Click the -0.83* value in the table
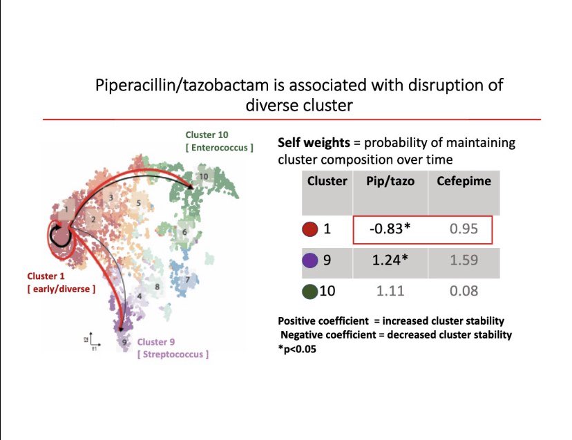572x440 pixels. coord(390,229)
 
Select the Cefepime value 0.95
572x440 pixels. coord(463,229)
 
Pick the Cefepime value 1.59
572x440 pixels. coord(463,260)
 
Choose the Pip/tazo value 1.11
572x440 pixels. coord(390,291)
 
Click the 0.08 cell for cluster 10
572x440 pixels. coord(463,291)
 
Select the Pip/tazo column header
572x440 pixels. coord(390,182)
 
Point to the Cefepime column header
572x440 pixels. coord(463,182)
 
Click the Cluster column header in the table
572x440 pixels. coord(327,182)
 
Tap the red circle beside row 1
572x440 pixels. coord(310,229)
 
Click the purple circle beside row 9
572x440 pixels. coord(310,260)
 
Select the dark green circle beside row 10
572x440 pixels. coord(309,291)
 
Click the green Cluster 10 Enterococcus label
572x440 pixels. coord(211,141)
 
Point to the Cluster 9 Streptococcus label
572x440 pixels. coord(172,347)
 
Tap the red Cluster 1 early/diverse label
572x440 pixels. coord(58,283)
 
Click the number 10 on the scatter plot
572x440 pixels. coord(203,176)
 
